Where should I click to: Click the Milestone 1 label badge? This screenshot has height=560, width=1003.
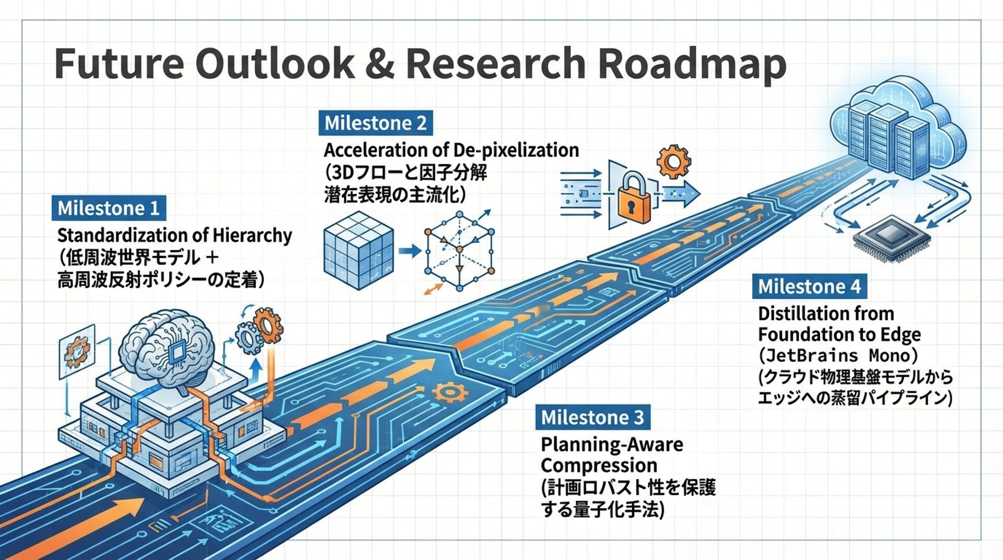coord(109,208)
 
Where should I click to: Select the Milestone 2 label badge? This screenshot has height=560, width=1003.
coord(376,123)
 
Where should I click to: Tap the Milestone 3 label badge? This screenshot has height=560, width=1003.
coord(592,417)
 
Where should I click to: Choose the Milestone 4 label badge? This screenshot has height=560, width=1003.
coord(809,286)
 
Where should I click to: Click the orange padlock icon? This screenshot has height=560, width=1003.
coord(634,199)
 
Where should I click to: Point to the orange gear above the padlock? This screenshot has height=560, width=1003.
coord(673,161)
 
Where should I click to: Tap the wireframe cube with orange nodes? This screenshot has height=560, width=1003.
coord(459,251)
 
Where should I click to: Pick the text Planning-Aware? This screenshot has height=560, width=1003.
coord(612,445)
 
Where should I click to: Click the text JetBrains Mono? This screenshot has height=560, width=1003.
coord(838,356)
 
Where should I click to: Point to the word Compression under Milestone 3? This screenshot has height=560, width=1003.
coord(599,465)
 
